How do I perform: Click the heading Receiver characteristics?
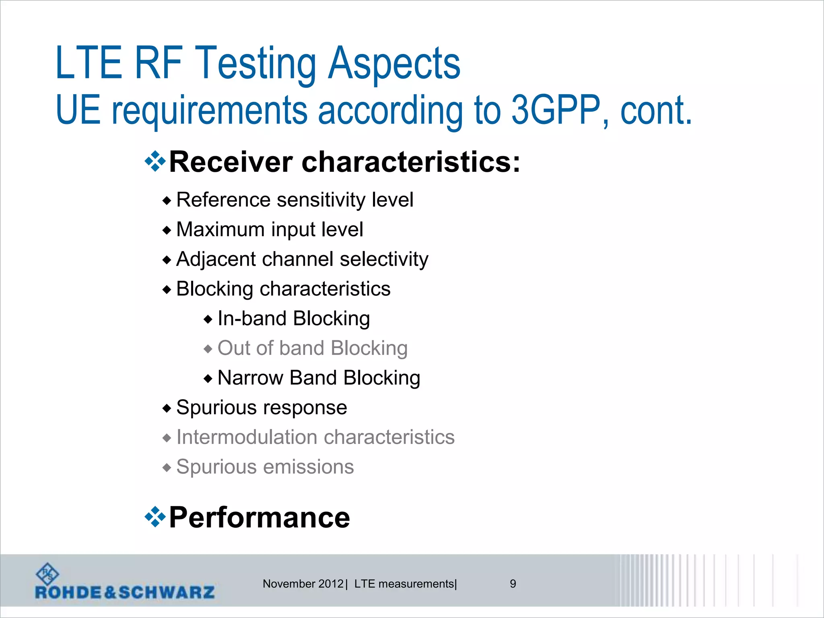click(x=344, y=162)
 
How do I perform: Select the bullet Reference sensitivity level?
click(x=295, y=200)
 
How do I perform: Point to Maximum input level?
click(x=270, y=229)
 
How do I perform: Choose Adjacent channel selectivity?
click(x=302, y=259)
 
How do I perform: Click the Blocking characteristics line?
click(x=283, y=289)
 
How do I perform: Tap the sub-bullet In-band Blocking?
click(x=293, y=319)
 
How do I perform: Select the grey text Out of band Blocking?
click(x=312, y=348)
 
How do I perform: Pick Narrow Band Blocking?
click(x=319, y=378)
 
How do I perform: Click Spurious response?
click(x=262, y=408)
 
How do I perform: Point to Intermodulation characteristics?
click(x=315, y=437)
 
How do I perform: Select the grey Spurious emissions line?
click(x=265, y=467)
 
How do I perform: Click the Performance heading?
click(x=260, y=517)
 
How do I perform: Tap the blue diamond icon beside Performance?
click(x=155, y=517)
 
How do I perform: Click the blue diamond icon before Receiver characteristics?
click(x=155, y=162)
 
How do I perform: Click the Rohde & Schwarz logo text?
click(x=125, y=592)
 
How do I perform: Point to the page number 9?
click(x=513, y=584)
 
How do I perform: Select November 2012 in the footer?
click(x=303, y=584)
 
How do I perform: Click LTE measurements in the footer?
click(x=404, y=584)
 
